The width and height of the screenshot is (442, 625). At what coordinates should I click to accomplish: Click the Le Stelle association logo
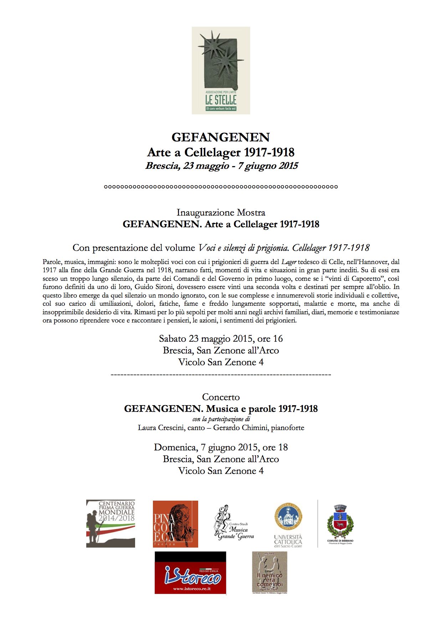coord(221,70)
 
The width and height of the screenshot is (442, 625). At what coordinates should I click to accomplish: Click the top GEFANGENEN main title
coord(221,137)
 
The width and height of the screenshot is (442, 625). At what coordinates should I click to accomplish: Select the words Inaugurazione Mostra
coord(221,213)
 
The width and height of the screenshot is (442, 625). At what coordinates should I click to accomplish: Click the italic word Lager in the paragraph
coord(289,262)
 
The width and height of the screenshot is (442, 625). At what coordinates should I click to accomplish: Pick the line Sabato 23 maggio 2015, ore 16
coord(221,339)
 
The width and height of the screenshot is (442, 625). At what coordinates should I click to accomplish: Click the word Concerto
coord(221,397)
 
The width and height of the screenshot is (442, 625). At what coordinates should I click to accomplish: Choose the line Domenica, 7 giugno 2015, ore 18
coord(221,448)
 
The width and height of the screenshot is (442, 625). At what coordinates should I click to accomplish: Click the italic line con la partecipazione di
coord(221,419)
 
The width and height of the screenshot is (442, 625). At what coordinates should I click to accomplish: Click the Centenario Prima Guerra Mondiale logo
coord(110,523)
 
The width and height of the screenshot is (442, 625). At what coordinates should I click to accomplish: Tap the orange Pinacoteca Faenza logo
coord(175,524)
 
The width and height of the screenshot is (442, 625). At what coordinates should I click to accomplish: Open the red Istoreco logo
coord(190,573)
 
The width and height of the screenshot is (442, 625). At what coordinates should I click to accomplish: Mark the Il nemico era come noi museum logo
coord(269,572)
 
